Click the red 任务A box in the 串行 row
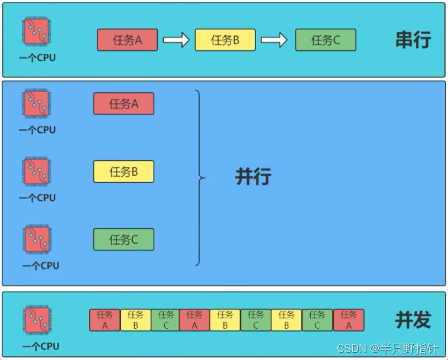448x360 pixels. pyautogui.click(x=127, y=40)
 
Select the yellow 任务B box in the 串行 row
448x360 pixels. pyautogui.click(x=225, y=40)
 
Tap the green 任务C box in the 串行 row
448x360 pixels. pyautogui.click(x=326, y=40)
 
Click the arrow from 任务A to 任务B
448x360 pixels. pyautogui.click(x=176, y=40)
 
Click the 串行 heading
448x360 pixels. pyautogui.click(x=413, y=40)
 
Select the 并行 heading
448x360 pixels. pyautogui.click(x=253, y=177)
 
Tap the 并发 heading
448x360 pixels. pyautogui.click(x=413, y=320)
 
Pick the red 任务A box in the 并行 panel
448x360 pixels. pyautogui.click(x=124, y=103)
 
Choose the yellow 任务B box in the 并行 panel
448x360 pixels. pyautogui.click(x=124, y=171)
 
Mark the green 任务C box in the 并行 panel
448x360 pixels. pyautogui.click(x=124, y=239)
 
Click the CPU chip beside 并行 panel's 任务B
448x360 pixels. pyautogui.click(x=37, y=171)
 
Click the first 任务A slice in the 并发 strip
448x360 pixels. pyautogui.click(x=105, y=320)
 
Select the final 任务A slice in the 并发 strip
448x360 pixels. pyautogui.click(x=349, y=320)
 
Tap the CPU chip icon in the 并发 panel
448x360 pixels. pyautogui.click(x=37, y=320)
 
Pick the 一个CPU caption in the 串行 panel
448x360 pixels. pyautogui.click(x=37, y=58)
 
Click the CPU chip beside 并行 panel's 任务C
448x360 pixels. pyautogui.click(x=37, y=239)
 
